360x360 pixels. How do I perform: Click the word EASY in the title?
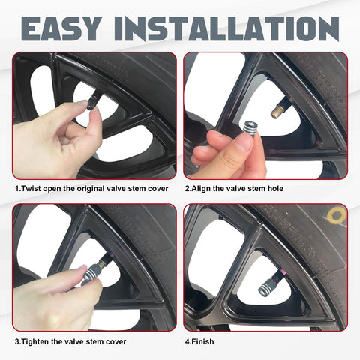61,28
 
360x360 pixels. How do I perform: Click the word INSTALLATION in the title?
226,28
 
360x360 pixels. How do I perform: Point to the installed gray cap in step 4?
267,286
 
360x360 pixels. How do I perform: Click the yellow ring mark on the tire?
337,215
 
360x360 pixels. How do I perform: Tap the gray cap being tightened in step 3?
91,272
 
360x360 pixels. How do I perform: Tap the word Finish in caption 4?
202,341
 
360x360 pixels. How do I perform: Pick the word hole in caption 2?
275,188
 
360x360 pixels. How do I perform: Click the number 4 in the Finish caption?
187,342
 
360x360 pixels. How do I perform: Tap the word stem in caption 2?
258,189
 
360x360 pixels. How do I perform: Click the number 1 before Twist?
17,188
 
